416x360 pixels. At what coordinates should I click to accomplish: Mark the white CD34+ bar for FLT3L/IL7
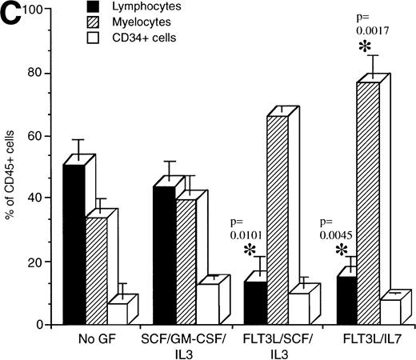[368, 311]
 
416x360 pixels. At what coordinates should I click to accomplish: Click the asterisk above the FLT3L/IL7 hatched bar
[366, 46]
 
